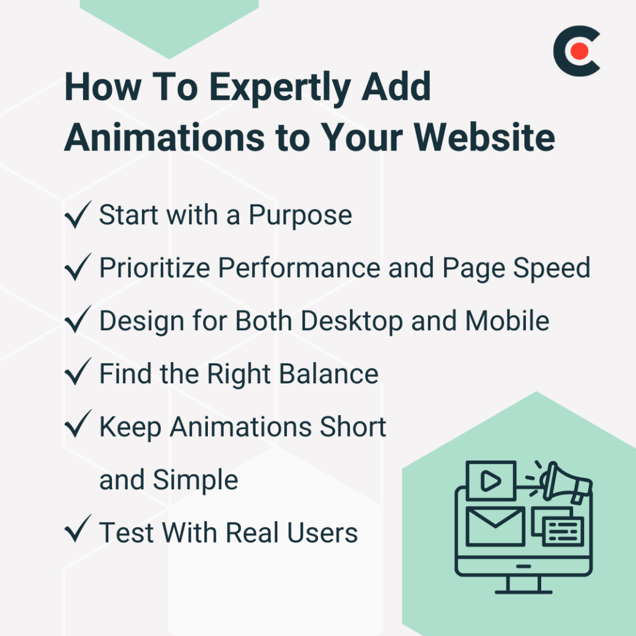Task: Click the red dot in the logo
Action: click(580, 51)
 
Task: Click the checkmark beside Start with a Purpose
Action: click(78, 215)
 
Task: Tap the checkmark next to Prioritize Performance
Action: click(78, 268)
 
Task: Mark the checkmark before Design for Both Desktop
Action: click(78, 321)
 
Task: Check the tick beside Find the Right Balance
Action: click(78, 374)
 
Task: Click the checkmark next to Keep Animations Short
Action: click(78, 426)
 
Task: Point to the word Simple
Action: click(195, 480)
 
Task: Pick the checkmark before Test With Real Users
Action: click(78, 531)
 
